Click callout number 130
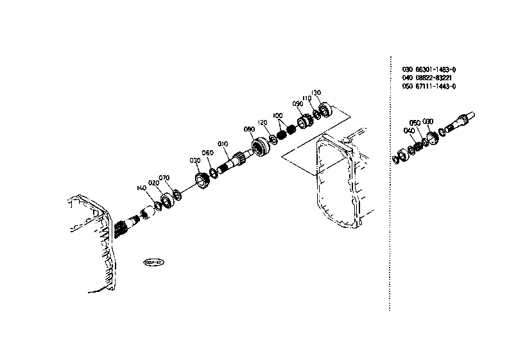coord(316,92)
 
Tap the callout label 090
coord(297,103)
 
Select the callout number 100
coord(277,116)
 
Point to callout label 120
coord(262,123)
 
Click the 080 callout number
coord(250,129)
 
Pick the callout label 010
coord(223,144)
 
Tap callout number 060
coord(207,153)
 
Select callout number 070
coord(164,178)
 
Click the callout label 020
coord(153,183)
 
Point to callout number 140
coord(141,188)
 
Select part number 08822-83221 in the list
coord(433,78)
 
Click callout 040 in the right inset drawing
coord(408,131)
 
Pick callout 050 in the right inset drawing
coord(415,123)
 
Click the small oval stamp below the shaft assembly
coord(154,262)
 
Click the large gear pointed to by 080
coord(262,148)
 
